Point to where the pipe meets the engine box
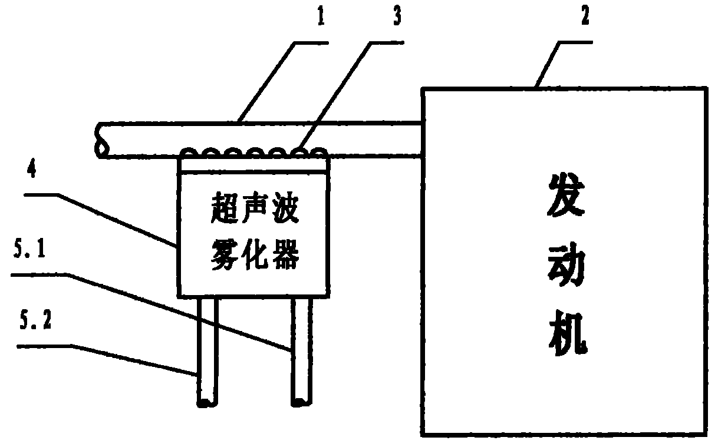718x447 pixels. [421, 139]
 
